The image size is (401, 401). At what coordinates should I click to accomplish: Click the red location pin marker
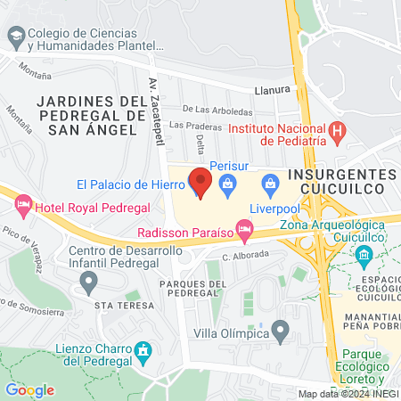[200, 183]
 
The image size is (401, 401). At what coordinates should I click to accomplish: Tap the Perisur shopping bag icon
[226, 185]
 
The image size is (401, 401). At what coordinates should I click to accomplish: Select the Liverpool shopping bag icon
[270, 185]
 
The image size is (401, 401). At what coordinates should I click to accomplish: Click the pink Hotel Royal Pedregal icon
[23, 208]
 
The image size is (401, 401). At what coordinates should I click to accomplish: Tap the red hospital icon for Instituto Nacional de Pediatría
[338, 134]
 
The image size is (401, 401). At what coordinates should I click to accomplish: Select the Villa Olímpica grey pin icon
[281, 333]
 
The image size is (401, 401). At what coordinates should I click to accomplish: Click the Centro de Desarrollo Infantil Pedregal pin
[87, 282]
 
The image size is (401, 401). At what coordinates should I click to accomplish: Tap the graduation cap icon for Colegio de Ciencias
[15, 37]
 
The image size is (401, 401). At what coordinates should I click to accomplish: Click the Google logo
[29, 389]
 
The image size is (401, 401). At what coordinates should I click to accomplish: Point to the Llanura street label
[274, 90]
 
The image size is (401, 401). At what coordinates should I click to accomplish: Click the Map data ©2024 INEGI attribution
[348, 394]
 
